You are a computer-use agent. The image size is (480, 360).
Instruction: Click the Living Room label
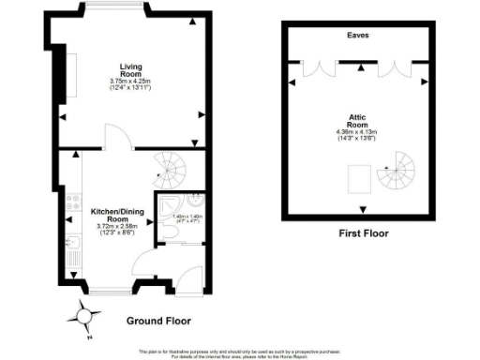[x=130, y=69]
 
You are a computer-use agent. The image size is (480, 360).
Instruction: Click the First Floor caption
[x=361, y=232]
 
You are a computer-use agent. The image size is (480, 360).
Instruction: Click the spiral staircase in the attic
[x=398, y=171]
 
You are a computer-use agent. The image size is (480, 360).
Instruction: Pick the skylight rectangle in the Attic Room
[x=357, y=175]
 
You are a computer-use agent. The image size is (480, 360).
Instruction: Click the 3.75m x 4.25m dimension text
[x=130, y=82]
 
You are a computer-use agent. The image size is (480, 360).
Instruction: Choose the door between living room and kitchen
[x=113, y=141]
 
